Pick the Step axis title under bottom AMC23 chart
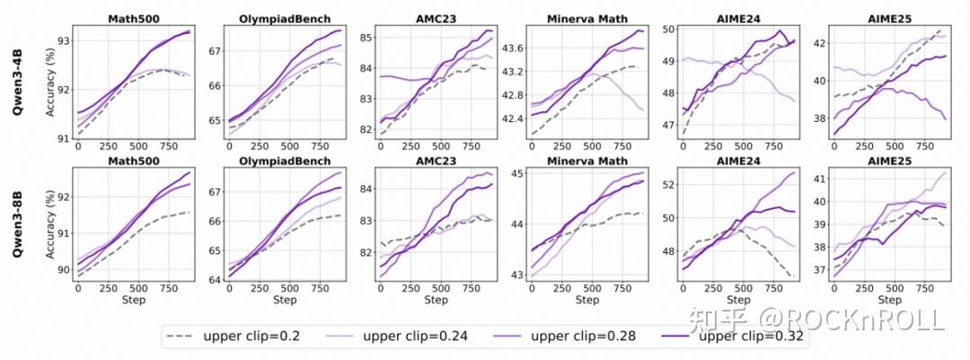point(436,299)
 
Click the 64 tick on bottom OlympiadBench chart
point(211,279)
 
